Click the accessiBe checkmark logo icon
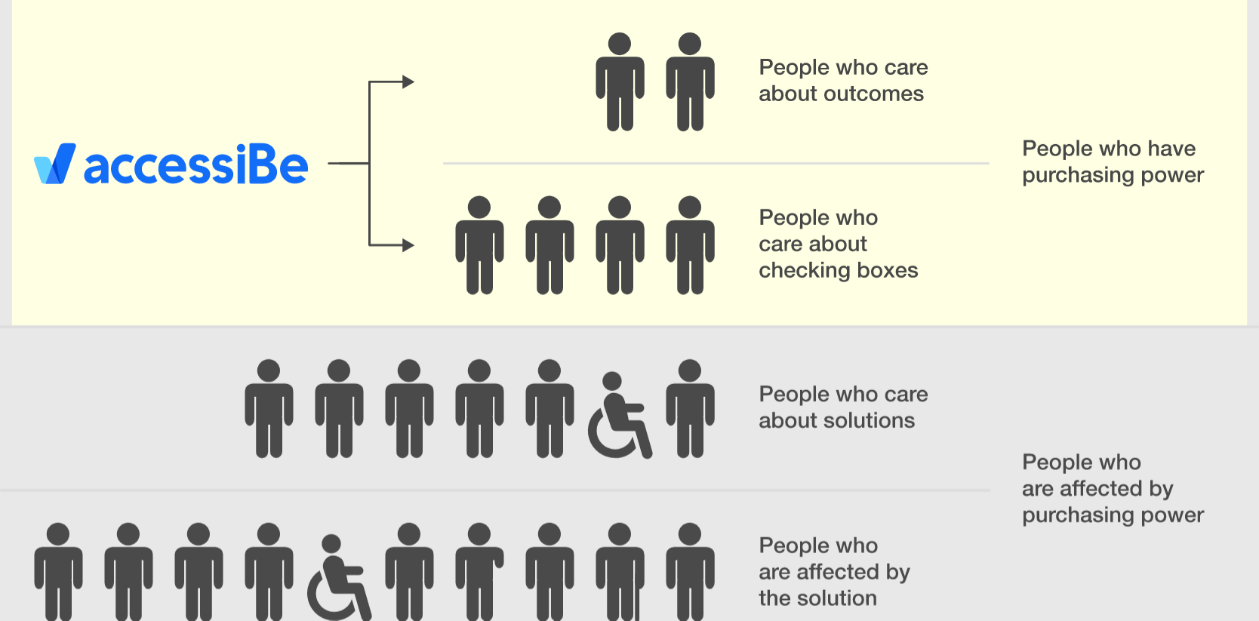pos(55,164)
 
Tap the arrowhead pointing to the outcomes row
pos(408,82)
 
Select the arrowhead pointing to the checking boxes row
pos(408,245)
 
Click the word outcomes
pos(873,94)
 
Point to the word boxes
pos(887,270)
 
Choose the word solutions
pos(869,420)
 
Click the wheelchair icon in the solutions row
pos(620,415)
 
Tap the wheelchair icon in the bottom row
pos(339,578)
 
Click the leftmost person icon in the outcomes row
pos(620,81)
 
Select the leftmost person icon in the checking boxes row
pos(479,245)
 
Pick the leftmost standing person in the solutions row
pos(269,408)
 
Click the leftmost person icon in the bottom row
pos(58,571)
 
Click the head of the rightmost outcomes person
pos(690,44)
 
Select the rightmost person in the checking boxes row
pos(690,245)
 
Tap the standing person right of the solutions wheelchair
pos(690,408)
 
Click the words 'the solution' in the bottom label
pos(817,598)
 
